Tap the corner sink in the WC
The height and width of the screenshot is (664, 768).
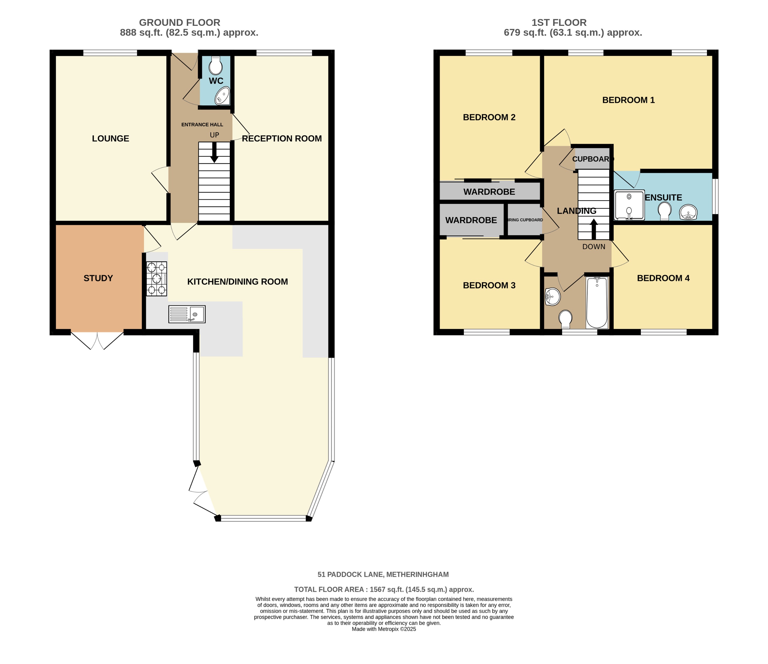point(223,96)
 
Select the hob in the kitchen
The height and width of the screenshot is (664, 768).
point(156,279)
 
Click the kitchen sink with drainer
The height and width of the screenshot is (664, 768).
point(187,314)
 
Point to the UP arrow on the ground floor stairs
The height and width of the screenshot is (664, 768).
point(214,152)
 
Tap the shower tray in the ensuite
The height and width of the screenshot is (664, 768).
point(629,205)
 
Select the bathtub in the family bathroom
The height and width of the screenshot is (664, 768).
point(597,302)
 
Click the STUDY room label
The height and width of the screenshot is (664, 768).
point(98,278)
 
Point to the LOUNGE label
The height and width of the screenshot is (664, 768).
point(110,138)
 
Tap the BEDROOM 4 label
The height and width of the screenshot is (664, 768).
point(663,278)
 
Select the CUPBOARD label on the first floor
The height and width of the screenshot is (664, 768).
point(592,159)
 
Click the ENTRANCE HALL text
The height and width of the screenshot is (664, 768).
point(202,125)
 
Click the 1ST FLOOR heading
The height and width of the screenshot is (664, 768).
point(559,23)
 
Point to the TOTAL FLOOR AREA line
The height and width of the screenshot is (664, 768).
point(384,589)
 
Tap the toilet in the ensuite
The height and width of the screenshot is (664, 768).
point(664,211)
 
